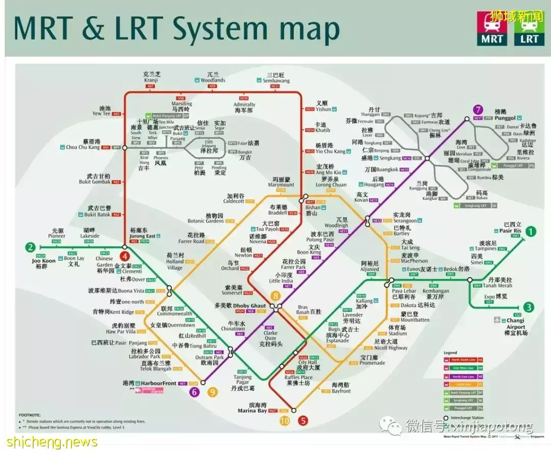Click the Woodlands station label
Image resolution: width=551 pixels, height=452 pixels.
[x=212, y=80]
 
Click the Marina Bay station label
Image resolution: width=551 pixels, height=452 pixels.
[x=252, y=411]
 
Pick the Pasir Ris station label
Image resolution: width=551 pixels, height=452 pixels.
[x=512, y=231]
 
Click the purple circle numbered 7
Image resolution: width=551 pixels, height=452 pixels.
[x=478, y=109]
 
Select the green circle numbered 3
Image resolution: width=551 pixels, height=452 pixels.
[x=529, y=307]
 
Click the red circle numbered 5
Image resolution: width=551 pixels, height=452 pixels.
[x=304, y=421]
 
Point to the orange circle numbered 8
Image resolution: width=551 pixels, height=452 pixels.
[x=275, y=296]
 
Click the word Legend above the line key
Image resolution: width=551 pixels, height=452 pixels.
[x=450, y=353]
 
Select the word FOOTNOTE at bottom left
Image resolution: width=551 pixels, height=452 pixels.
[x=30, y=415]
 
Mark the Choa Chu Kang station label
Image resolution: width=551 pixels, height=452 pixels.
[x=83, y=147]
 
